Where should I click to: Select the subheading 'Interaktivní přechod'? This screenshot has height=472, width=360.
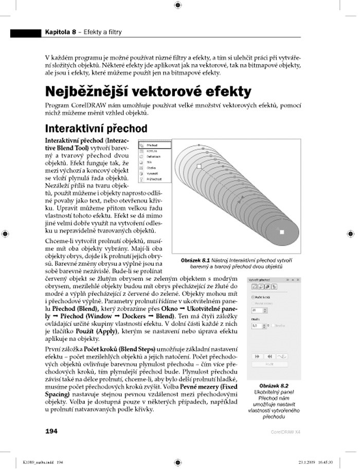(x=96, y=128)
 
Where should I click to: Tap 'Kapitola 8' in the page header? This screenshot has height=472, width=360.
(x=60, y=32)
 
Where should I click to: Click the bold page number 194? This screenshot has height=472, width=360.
(x=51, y=431)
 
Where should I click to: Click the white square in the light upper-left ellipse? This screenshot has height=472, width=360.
(x=199, y=167)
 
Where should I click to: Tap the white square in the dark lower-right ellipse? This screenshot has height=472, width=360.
(x=281, y=232)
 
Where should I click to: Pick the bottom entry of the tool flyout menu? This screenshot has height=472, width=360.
(x=153, y=179)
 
